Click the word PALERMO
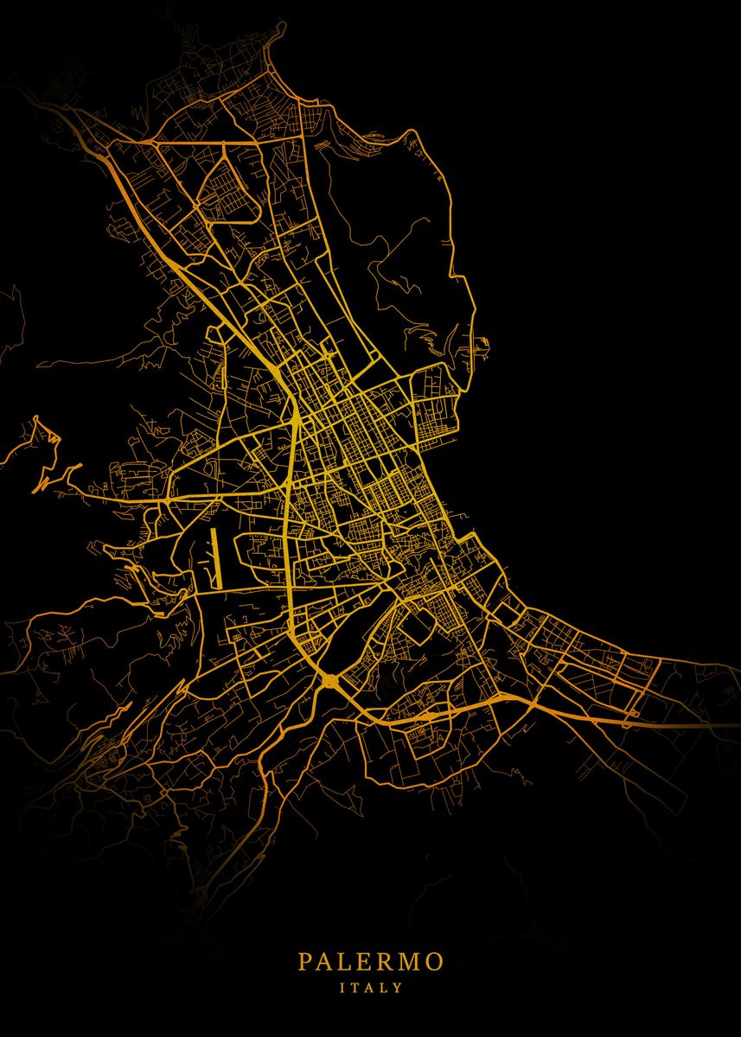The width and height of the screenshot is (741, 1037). pyautogui.click(x=371, y=962)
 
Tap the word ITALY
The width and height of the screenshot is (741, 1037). pyautogui.click(x=371, y=987)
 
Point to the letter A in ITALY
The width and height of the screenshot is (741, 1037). pyautogui.click(x=370, y=987)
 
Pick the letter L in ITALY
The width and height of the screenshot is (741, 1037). pyautogui.click(x=385, y=987)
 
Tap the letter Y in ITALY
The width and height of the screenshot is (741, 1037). pyautogui.click(x=399, y=987)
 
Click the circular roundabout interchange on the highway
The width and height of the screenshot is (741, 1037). pyautogui.click(x=330, y=683)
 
